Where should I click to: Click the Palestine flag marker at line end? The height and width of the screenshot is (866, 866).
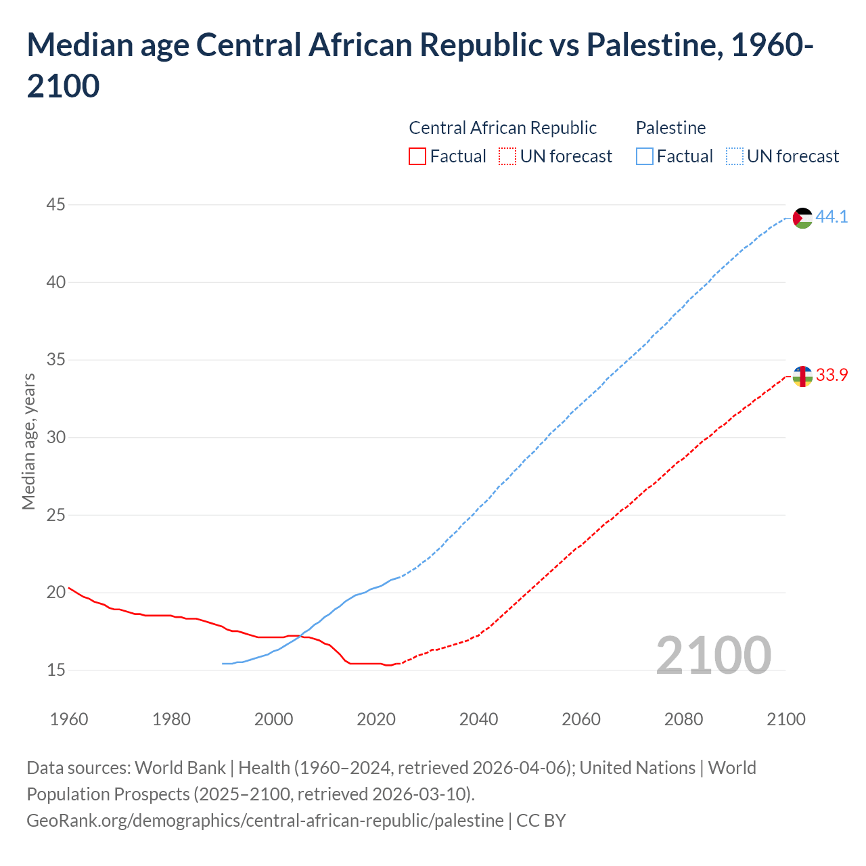coord(802,218)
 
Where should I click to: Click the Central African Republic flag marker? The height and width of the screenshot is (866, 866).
coord(802,376)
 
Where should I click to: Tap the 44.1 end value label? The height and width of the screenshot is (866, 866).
coord(831,217)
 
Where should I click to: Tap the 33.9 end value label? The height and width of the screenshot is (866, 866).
coord(831,375)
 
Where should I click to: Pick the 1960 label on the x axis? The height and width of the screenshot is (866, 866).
coord(69,719)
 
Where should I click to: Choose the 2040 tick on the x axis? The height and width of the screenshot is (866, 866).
coord(479,719)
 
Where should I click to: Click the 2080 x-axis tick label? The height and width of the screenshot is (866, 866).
coord(683,719)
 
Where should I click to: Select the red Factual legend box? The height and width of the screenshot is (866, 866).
coord(417,156)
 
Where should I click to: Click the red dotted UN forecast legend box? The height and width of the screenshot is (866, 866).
coord(507,156)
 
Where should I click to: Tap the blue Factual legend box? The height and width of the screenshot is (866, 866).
coord(645,156)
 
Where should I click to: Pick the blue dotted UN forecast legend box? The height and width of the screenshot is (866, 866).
coord(735,156)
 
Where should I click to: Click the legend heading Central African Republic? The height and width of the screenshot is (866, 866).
coord(503,128)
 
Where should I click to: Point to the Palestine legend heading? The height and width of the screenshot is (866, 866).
coord(670,128)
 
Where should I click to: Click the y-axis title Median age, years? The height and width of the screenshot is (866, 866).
coord(28,441)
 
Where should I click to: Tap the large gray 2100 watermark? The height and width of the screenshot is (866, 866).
coord(714,655)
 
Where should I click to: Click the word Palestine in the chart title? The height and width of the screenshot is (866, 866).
coord(650,45)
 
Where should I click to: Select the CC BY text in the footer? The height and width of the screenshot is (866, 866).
coord(541,821)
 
